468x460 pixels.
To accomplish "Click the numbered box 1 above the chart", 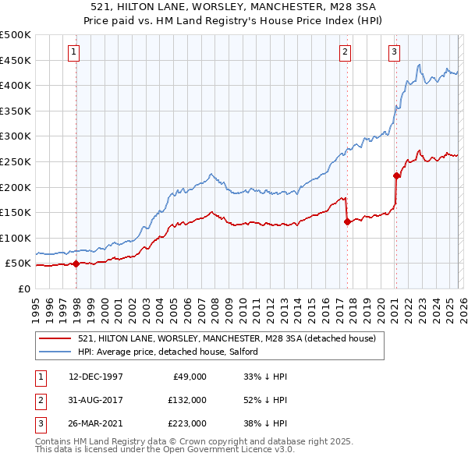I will pos(73,52).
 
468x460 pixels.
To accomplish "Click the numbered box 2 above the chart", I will pos(344,52).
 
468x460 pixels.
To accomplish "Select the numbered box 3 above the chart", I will pos(394,52).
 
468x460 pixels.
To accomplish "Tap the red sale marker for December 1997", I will pos(76,264).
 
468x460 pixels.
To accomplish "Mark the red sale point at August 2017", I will pos(346,221).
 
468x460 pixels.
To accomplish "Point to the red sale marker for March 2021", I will pos(396,175).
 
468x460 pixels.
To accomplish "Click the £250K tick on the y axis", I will pos(16,161).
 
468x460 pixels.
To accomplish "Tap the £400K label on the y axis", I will pos(16,85).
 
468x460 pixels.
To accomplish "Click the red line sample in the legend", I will pos(56,338).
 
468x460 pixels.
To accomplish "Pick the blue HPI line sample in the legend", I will pos(56,352).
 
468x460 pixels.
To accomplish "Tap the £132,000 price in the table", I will pos(188,399).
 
